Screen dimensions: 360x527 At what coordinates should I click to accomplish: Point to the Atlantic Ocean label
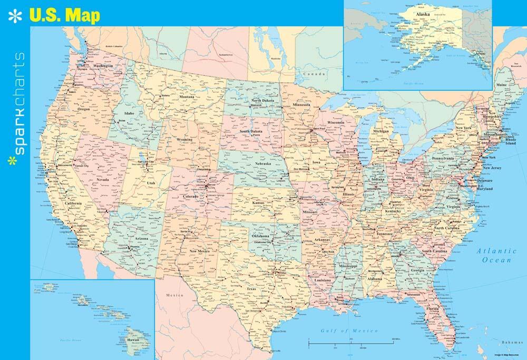(x=495, y=255)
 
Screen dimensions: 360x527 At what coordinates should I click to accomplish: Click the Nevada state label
(x=103, y=180)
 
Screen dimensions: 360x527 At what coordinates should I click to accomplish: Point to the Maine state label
(x=501, y=85)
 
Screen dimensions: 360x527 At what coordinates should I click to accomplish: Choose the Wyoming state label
(x=184, y=140)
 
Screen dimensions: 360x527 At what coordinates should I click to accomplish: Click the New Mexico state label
(x=200, y=251)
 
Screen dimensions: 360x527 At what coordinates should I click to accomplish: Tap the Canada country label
(x=317, y=74)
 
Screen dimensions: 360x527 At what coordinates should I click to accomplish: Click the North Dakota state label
(x=262, y=100)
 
